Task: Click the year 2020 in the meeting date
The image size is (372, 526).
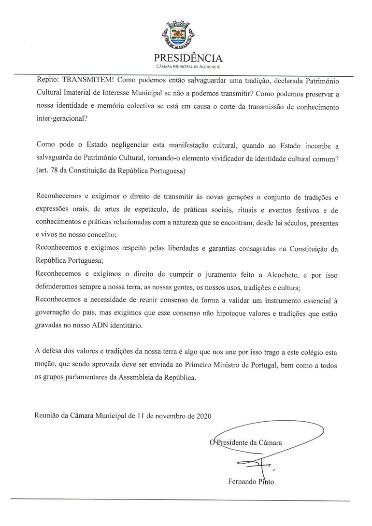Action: (201, 414)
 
